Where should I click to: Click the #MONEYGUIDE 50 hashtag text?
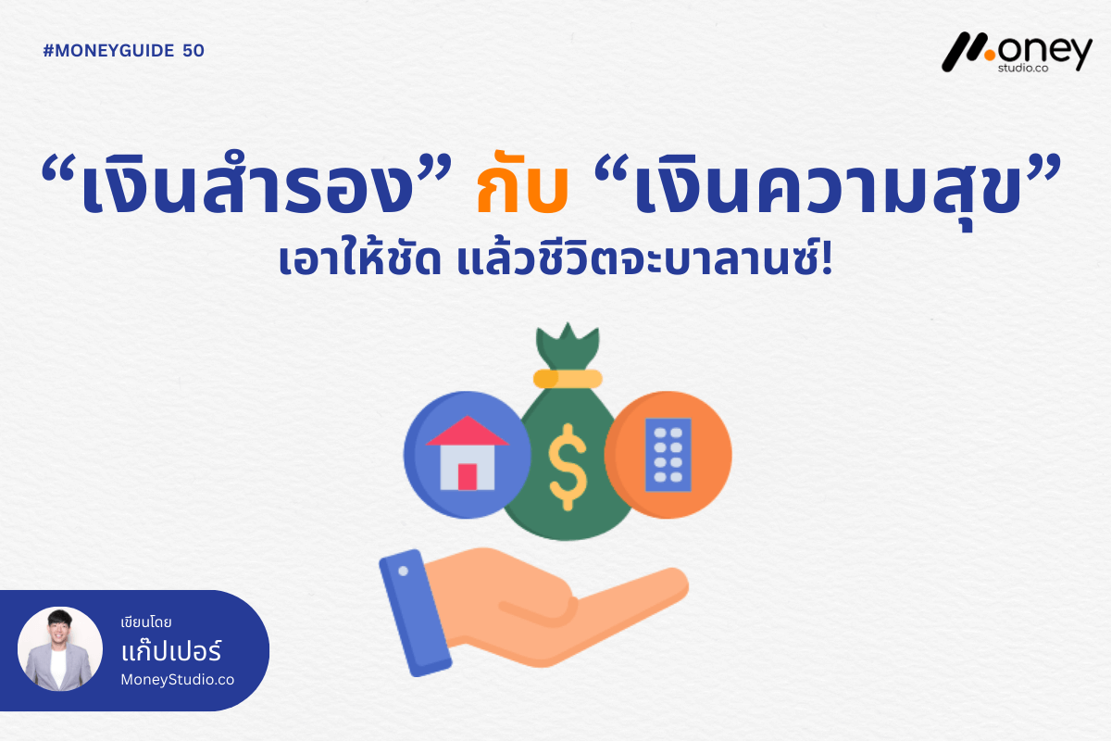(x=124, y=51)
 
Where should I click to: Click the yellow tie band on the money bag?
(x=568, y=378)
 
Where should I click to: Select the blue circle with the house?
(x=468, y=454)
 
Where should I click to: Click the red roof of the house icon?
(x=468, y=431)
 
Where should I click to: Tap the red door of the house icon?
(x=468, y=476)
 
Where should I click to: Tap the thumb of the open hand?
(x=537, y=611)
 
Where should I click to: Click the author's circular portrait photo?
(x=60, y=649)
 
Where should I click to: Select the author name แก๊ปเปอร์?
(x=170, y=652)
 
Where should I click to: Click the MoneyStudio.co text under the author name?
(x=178, y=680)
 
